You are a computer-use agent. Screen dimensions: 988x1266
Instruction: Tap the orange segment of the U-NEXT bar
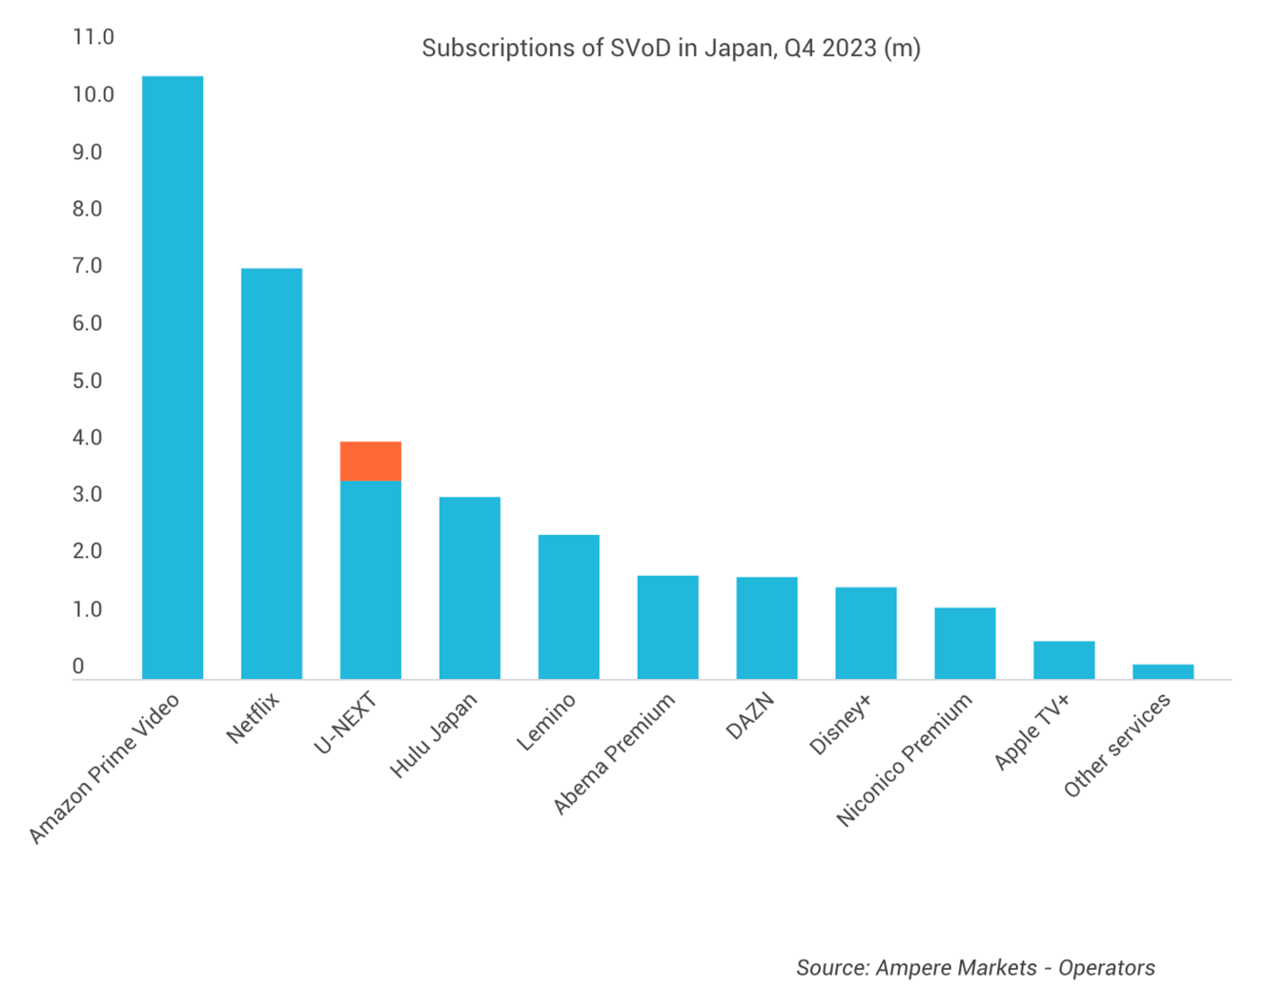coord(371,462)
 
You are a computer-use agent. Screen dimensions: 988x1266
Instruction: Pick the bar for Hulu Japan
coord(470,587)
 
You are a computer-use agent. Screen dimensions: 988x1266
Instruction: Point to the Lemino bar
coord(569,607)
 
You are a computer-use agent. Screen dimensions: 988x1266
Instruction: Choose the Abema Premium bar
coord(668,628)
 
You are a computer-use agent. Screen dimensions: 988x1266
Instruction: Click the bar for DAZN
coord(767,628)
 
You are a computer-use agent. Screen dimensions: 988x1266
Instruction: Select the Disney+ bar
coord(866,633)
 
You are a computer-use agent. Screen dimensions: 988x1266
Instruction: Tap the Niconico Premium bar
coord(965,643)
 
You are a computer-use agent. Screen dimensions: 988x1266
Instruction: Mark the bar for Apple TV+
coord(1064,660)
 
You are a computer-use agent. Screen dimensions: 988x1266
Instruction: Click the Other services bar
coord(1163,671)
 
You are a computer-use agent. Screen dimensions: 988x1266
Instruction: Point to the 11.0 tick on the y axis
coord(92,37)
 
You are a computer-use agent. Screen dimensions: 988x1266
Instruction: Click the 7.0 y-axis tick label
coord(87,266)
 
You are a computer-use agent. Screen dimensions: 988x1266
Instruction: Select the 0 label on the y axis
coord(78,667)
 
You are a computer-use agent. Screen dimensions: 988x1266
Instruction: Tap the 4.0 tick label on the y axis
coord(87,438)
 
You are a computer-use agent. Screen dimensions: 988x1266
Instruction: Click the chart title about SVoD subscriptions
coord(671,48)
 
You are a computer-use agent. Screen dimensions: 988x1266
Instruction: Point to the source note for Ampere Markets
coord(975,968)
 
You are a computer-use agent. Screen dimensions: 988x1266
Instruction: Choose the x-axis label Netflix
coord(254,718)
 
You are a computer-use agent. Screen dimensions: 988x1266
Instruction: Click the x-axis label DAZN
coord(750,716)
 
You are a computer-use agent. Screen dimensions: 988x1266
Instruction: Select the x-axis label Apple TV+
coord(1032,731)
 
